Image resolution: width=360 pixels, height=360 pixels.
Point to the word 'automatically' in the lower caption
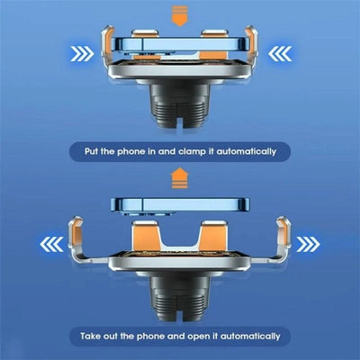256,335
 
